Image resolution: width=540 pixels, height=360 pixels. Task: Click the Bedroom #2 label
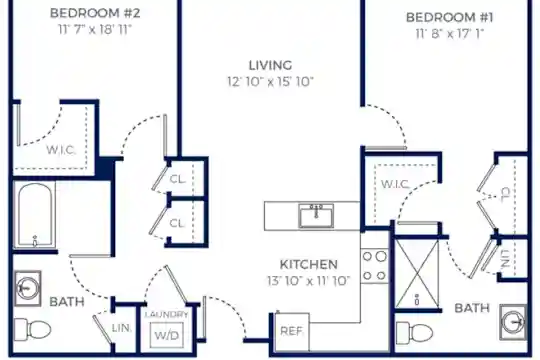(95, 13)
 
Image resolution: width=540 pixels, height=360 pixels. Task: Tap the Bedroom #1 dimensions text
(450, 34)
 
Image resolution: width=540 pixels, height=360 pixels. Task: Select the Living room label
(270, 65)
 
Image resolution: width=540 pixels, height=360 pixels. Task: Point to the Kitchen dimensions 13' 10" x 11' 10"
(309, 281)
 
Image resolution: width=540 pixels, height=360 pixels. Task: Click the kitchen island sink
(316, 216)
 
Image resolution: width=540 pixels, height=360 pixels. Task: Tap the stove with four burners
(375, 266)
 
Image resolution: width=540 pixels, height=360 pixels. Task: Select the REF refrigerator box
(292, 331)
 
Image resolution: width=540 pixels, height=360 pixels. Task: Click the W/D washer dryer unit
(167, 335)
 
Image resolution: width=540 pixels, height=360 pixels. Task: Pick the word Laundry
(167, 315)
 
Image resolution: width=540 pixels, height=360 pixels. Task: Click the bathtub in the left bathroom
(34, 215)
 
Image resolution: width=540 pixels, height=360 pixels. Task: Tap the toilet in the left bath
(33, 329)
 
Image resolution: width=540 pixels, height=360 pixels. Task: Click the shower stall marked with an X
(417, 274)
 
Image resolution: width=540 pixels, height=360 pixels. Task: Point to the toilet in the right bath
(414, 333)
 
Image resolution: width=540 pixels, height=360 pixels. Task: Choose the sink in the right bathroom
(513, 322)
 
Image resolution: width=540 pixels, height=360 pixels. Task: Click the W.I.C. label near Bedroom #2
(61, 150)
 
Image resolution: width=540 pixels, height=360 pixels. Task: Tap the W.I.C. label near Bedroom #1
(395, 184)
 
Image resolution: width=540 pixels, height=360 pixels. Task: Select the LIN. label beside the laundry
(122, 328)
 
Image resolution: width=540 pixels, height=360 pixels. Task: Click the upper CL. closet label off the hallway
(178, 179)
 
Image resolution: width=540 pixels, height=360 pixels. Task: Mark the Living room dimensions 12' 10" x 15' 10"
(270, 82)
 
